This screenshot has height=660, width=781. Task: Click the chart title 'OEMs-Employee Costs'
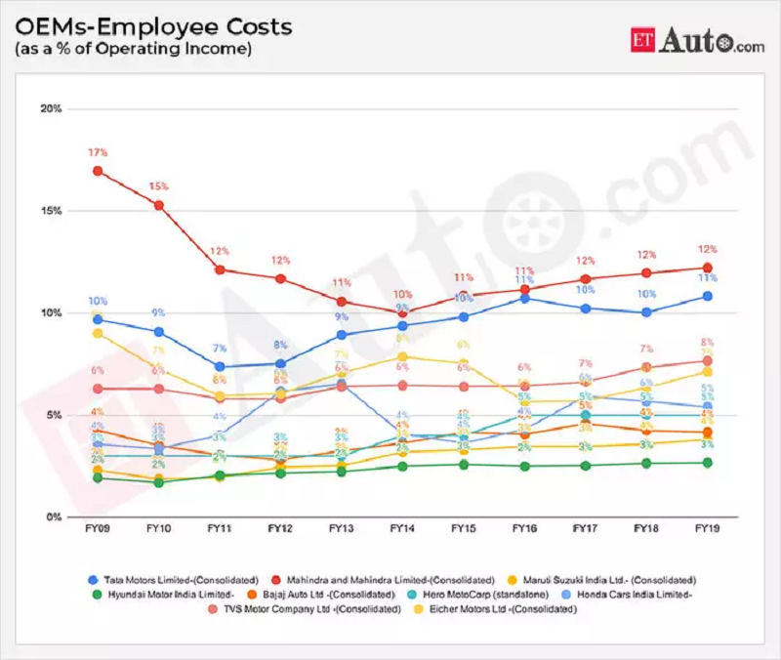coord(151,25)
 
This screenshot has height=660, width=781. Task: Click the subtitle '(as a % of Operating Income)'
coord(132,48)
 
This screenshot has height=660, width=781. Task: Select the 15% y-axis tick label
coord(51,211)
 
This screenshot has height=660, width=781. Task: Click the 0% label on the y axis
coord(54,516)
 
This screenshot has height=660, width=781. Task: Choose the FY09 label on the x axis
coord(98,528)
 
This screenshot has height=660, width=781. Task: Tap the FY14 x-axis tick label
coord(401,528)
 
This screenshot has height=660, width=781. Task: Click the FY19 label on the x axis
coord(706,528)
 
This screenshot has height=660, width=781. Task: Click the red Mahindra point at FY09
coord(98,171)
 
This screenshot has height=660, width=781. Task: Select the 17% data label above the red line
coord(98,153)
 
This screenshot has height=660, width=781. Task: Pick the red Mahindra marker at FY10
coord(159,205)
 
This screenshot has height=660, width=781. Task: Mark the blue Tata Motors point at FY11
coord(220,367)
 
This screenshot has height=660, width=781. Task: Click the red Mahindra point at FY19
coord(706,268)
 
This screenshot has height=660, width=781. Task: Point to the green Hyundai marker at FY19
coord(706,463)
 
